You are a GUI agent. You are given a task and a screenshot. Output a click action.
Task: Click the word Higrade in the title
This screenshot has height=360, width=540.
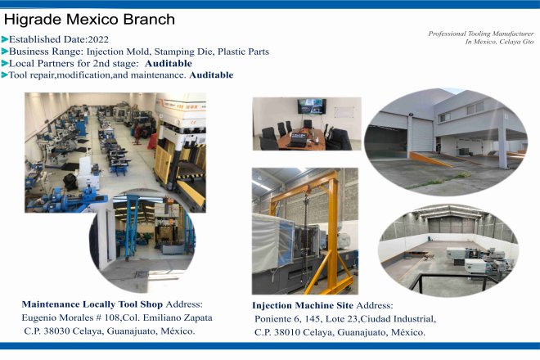[x=33, y=20]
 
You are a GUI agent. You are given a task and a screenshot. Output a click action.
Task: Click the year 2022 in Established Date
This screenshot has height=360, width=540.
[x=98, y=39]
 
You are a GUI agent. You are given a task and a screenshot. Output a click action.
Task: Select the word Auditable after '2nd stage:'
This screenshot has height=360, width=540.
[x=169, y=63]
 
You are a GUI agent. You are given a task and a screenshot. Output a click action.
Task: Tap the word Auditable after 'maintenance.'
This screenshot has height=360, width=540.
[x=211, y=75]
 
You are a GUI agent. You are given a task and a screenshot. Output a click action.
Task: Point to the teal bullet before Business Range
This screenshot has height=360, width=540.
[x=5, y=52]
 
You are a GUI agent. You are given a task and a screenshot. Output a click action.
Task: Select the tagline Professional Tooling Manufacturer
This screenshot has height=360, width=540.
[x=481, y=34]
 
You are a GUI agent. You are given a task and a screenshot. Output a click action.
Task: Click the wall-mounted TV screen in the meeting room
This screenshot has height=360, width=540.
[x=312, y=106]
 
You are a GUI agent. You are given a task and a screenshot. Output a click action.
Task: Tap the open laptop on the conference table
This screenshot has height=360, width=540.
[x=297, y=140]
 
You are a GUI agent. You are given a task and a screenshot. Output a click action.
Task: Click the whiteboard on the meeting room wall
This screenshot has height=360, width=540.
[x=344, y=112]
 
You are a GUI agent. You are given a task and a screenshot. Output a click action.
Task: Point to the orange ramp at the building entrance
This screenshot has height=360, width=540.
[x=431, y=160]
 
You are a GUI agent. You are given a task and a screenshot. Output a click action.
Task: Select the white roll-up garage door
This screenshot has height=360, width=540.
[x=422, y=135]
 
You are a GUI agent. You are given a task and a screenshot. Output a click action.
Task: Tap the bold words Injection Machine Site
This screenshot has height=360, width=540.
[x=303, y=305]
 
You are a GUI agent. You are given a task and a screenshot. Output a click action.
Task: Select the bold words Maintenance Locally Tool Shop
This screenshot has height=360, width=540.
[x=92, y=304]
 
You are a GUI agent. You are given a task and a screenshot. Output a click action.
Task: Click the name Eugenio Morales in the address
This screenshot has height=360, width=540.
[x=58, y=318]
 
